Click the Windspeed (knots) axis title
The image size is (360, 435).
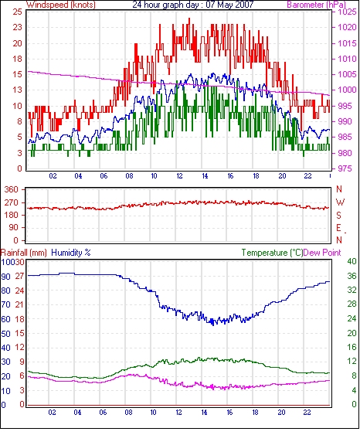[x=61, y=5]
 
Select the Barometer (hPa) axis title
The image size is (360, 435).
[x=317, y=5]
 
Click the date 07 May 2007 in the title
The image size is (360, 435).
[x=230, y=5]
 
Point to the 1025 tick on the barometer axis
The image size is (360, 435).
[x=347, y=12]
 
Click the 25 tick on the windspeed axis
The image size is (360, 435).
[x=17, y=12]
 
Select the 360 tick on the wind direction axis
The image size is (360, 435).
[x=11, y=190]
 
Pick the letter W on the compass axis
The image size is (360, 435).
[x=340, y=202]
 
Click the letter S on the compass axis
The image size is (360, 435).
[x=338, y=215]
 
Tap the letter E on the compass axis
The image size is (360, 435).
[x=338, y=228]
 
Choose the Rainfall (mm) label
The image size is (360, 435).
[x=24, y=253]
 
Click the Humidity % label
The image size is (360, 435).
[x=71, y=253]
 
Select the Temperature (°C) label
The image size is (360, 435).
[x=272, y=253]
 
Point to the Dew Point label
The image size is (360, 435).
[x=322, y=253]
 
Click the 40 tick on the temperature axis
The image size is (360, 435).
[x=352, y=261]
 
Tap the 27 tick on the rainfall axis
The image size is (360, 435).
[x=19, y=277]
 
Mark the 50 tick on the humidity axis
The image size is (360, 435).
[x=6, y=334]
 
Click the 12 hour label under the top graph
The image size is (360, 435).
[x=179, y=176]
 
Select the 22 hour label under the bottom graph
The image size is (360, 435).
[x=307, y=412]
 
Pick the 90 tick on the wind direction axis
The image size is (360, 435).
[x=13, y=228]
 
